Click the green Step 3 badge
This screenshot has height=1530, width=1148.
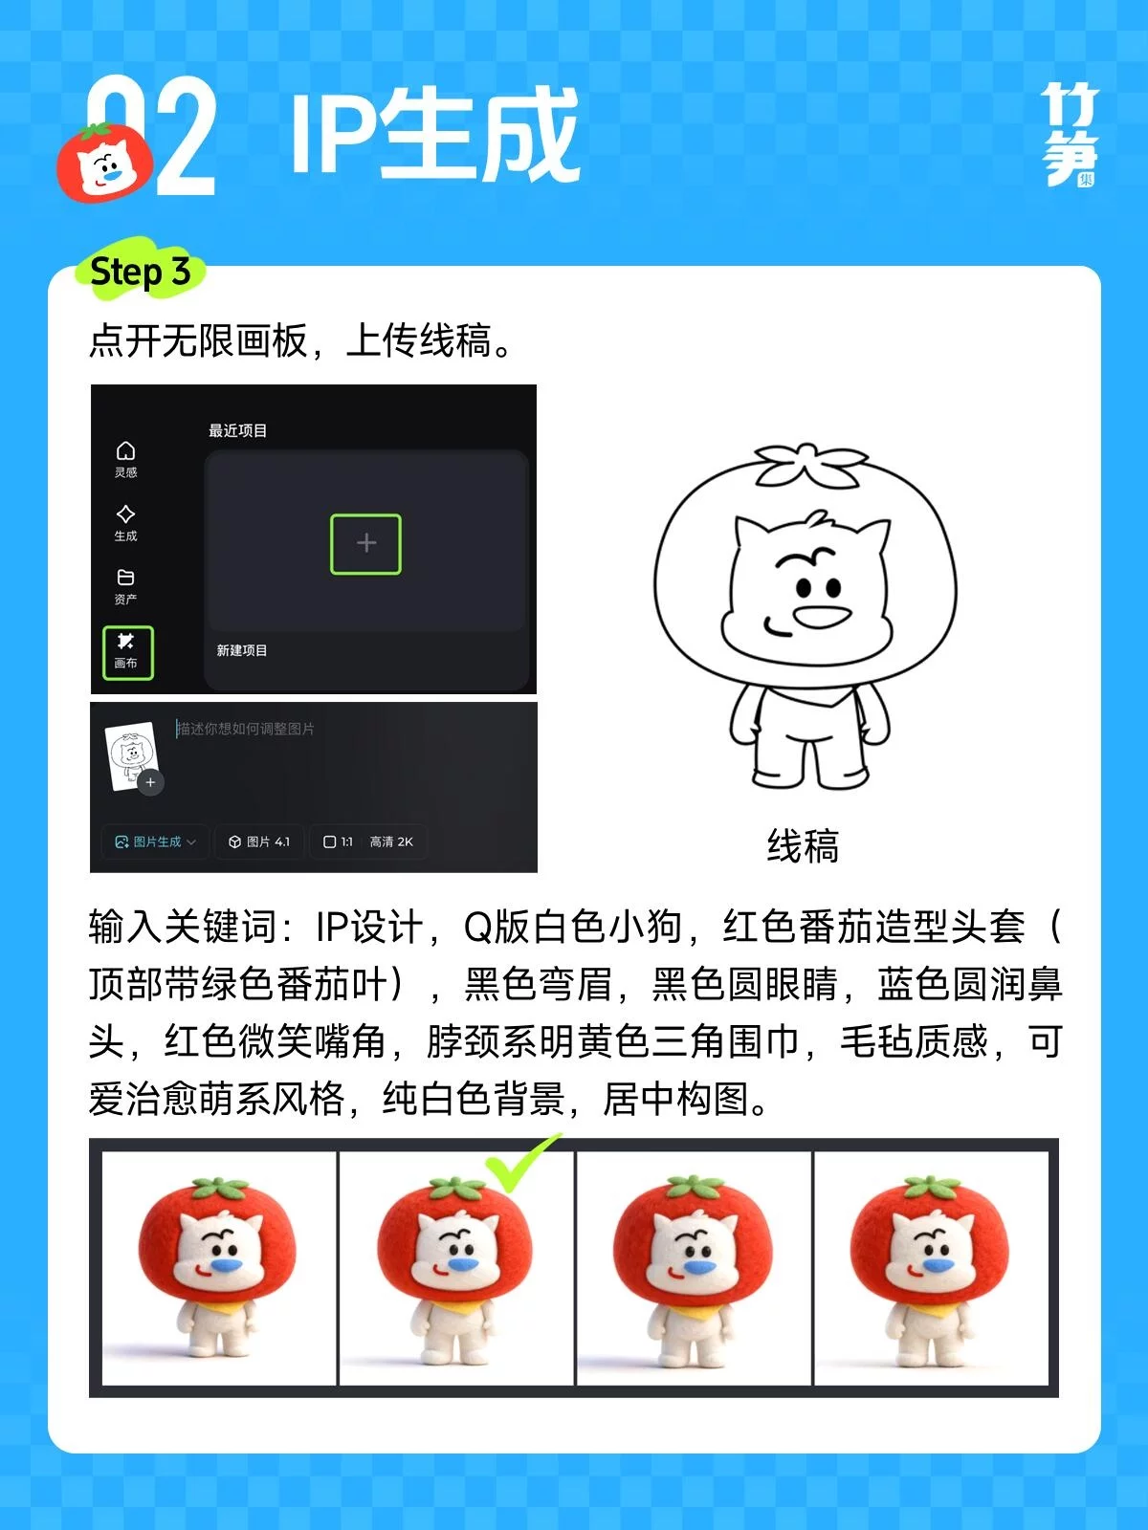tap(140, 272)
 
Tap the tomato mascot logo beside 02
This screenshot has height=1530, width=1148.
tap(103, 164)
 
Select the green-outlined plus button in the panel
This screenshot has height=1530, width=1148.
tap(365, 543)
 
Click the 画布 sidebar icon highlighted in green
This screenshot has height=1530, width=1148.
tap(127, 651)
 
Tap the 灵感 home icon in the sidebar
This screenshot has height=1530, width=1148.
tap(125, 458)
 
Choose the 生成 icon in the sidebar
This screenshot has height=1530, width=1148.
tap(125, 522)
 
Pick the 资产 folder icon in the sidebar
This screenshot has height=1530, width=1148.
tap(125, 585)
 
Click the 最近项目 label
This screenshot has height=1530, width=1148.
tap(238, 430)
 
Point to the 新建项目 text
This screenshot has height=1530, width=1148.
tap(242, 650)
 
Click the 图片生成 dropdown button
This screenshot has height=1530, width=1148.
tap(155, 841)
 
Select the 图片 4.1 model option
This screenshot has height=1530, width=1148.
tap(258, 841)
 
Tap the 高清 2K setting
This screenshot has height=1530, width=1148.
tap(390, 841)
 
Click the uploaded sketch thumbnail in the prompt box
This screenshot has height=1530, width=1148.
tap(132, 755)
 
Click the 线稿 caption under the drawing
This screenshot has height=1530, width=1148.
tap(803, 846)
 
